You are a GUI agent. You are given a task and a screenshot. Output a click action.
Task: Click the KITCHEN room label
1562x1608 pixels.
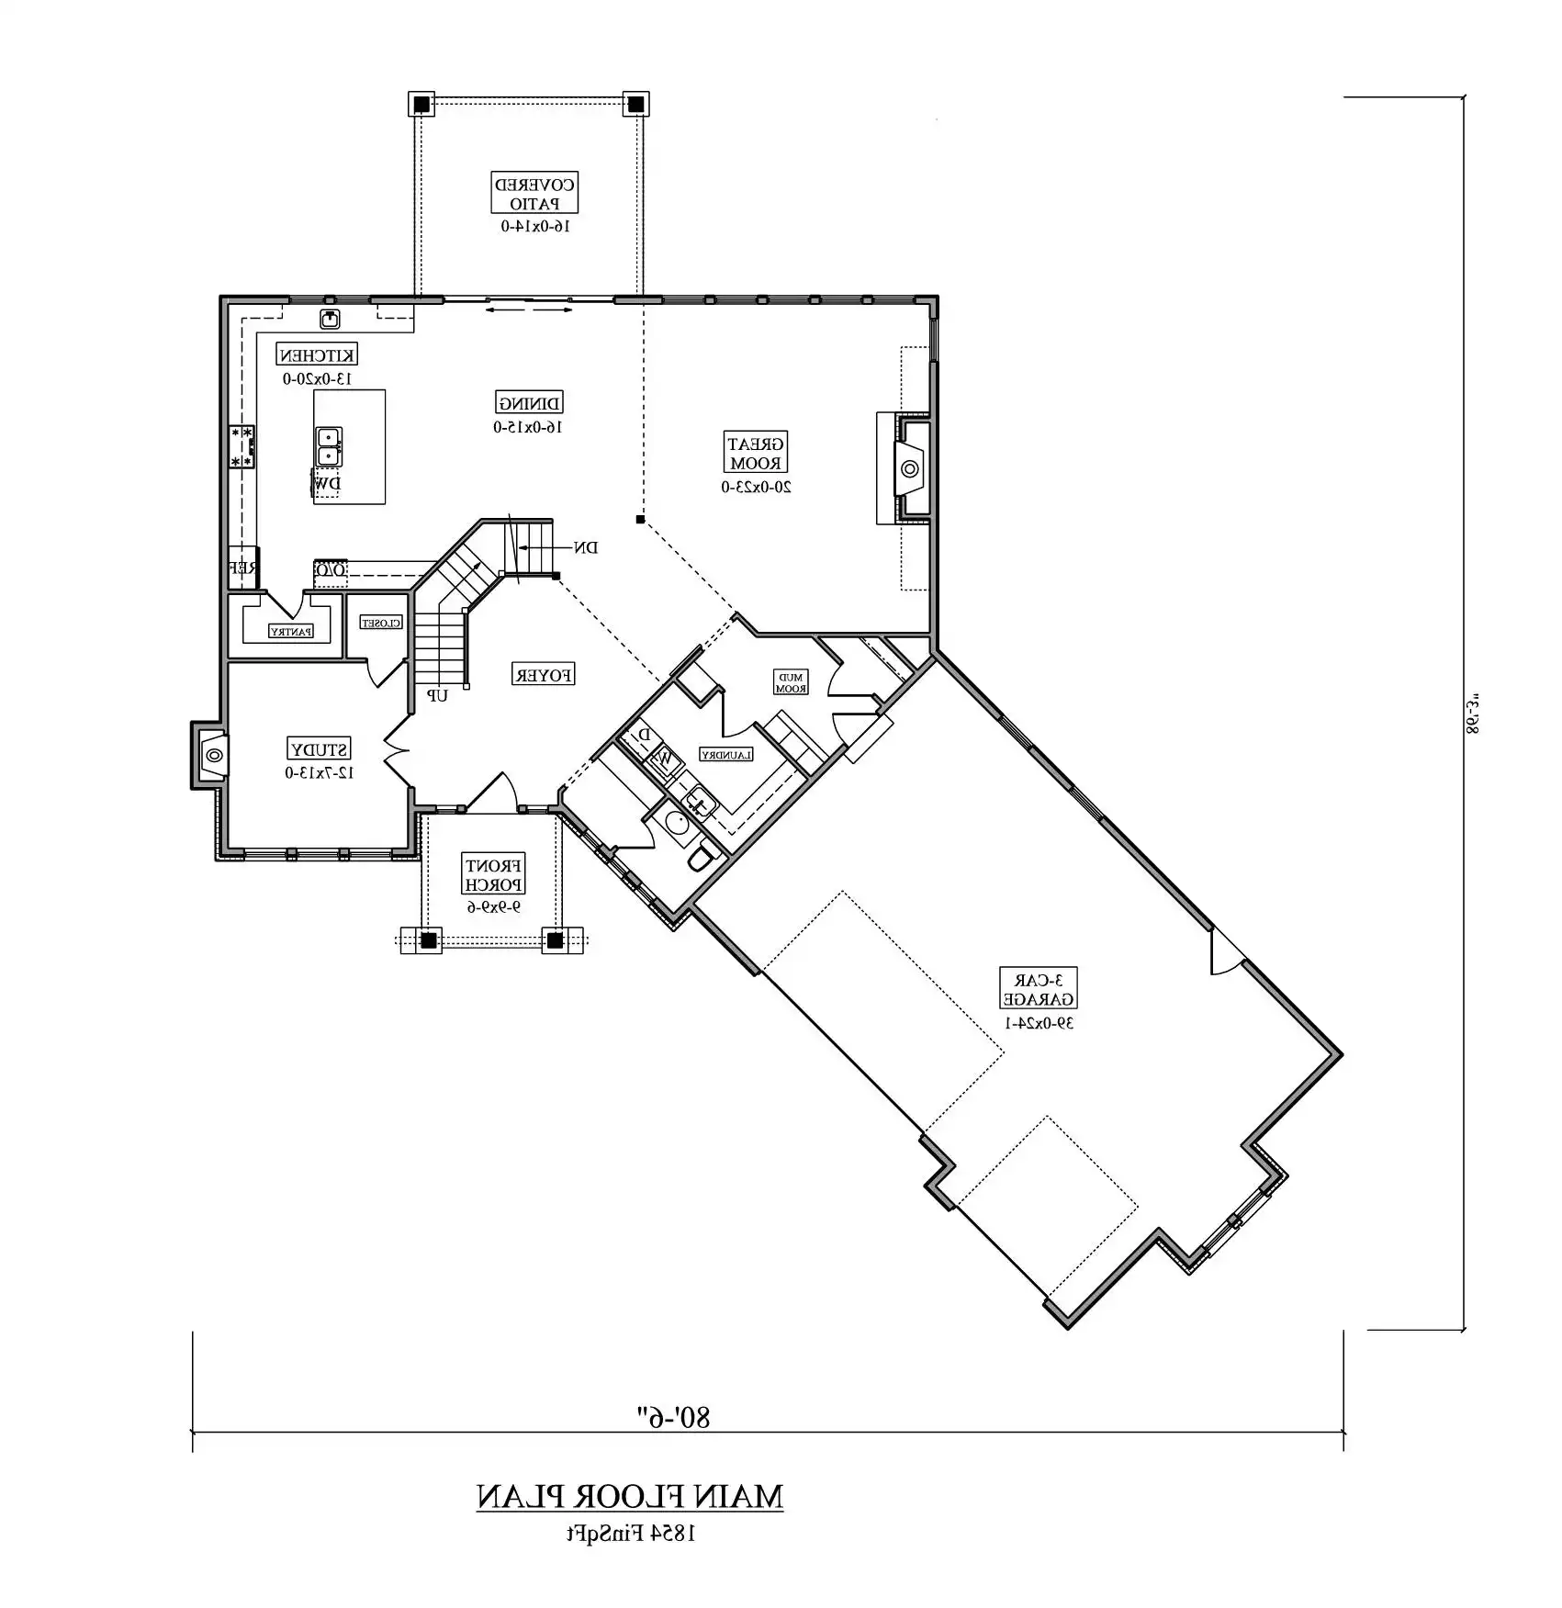[317, 354]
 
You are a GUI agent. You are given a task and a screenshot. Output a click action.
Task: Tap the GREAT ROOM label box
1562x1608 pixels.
[756, 454]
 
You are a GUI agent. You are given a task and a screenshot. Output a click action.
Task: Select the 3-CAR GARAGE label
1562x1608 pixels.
[1038, 988]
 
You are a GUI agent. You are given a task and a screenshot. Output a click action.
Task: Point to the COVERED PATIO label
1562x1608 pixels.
[534, 193]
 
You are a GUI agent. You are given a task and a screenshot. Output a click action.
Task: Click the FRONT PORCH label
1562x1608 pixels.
[494, 874]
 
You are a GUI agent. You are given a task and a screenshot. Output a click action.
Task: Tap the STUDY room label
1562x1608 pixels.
[319, 748]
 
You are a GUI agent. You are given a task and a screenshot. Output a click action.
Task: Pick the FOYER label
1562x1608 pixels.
[543, 675]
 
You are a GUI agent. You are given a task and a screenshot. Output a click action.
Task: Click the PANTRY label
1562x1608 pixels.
[290, 631]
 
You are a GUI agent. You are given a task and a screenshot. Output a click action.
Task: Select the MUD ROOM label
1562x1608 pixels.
[791, 682]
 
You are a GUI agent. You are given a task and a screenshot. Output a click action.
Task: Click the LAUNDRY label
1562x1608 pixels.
[726, 755]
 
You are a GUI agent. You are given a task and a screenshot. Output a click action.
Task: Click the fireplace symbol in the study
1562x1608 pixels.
[214, 755]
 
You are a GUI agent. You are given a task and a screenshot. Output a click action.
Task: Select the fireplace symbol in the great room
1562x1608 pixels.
[910, 469]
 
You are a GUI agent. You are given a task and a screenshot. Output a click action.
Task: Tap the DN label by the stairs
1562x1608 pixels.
[586, 548]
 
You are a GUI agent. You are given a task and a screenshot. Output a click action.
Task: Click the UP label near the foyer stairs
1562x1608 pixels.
[437, 696]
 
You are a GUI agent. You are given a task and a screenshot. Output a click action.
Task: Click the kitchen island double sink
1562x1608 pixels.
[329, 446]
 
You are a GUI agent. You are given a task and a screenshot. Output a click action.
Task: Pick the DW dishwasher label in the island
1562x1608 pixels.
[327, 483]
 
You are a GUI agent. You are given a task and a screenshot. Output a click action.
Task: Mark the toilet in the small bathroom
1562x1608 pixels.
[702, 857]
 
